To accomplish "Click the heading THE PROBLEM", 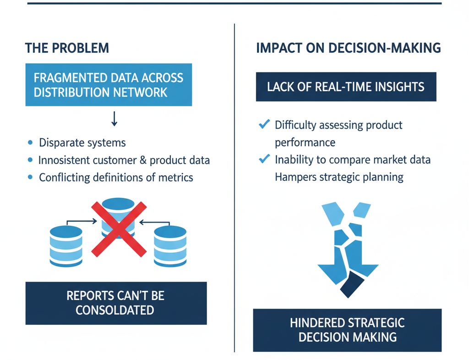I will (67, 48).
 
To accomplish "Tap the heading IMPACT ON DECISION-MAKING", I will (348, 48).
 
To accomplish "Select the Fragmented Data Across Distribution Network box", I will (109, 85).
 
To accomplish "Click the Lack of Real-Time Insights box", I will (346, 86).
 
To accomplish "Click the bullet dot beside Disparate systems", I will (30, 143).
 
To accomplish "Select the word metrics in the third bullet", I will (175, 177).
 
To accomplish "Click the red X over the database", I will (119, 229).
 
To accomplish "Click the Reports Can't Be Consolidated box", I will (116, 303).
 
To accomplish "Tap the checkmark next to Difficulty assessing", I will (264, 125).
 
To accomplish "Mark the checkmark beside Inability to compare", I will (264, 159).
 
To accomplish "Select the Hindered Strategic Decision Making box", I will (347, 330).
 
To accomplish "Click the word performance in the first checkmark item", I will (305, 142).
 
